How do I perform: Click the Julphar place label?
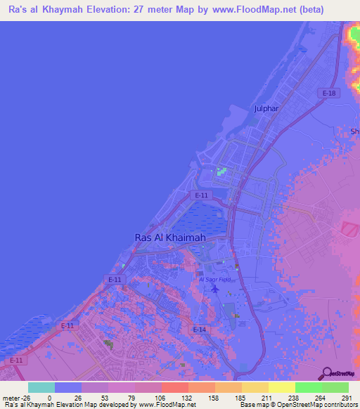(267, 108)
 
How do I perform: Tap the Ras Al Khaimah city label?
(170, 238)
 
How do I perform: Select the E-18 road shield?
(327, 93)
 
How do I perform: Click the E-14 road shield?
(200, 329)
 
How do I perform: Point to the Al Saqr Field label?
(214, 279)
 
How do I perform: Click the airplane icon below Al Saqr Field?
(214, 289)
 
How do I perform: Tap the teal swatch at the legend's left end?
(41, 387)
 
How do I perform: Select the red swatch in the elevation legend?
(175, 387)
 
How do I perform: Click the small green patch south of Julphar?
(222, 171)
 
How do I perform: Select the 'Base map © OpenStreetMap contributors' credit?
(299, 405)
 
